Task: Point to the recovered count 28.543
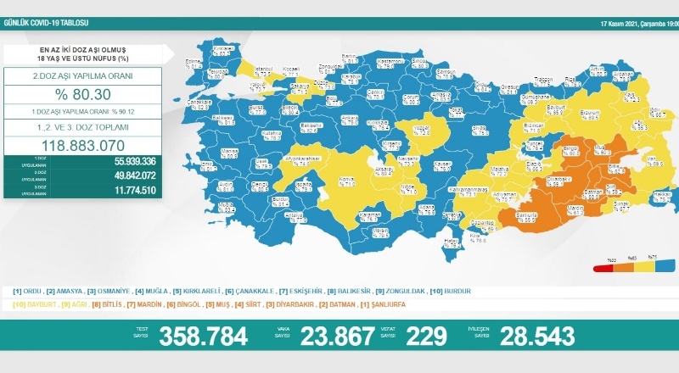(x=537, y=336)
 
